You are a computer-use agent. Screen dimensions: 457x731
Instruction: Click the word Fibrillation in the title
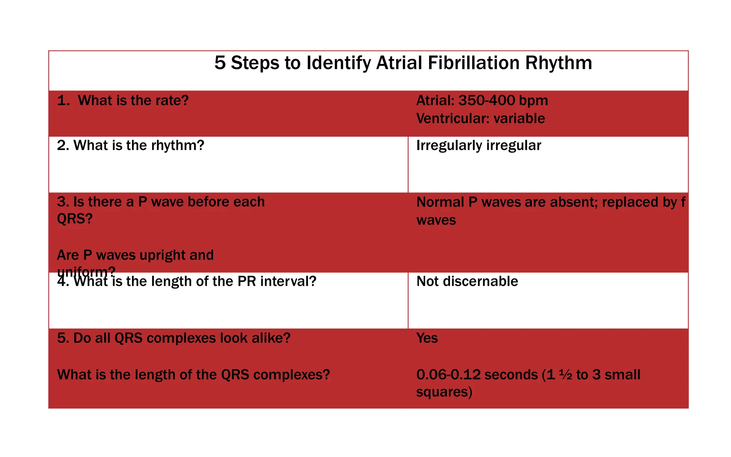coord(473,63)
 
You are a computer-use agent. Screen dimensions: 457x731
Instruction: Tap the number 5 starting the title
coord(220,63)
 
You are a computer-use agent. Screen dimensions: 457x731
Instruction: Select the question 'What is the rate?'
coord(133,101)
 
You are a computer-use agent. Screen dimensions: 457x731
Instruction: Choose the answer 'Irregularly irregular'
coord(478,146)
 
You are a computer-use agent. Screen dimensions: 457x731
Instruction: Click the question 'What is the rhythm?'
coord(138,146)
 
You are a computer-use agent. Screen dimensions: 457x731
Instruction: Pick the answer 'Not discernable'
coord(467,281)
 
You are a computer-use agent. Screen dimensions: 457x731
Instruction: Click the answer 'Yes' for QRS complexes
coord(427,338)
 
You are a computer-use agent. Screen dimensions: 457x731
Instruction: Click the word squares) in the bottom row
coord(444,392)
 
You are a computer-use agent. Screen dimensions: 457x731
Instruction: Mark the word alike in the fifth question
coord(271,338)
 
